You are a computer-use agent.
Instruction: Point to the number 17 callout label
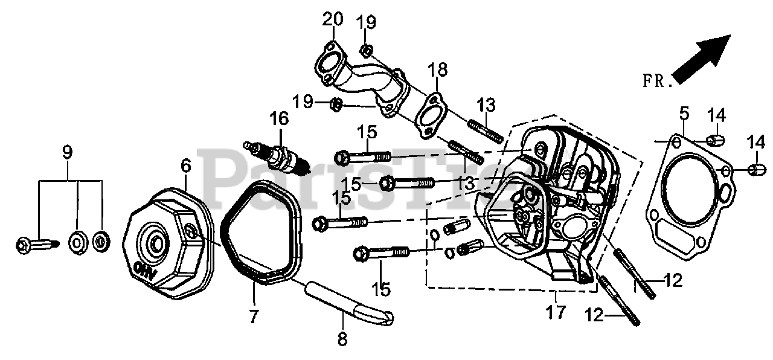[556, 312]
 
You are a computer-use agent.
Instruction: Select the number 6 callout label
[185, 164]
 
